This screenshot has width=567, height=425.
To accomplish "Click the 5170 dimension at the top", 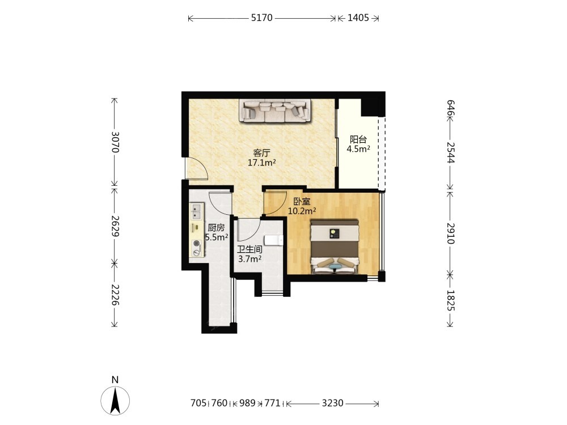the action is tap(262, 18).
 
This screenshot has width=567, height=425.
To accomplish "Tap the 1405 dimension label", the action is tap(358, 18).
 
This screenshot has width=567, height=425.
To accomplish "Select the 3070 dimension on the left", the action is tap(115, 142).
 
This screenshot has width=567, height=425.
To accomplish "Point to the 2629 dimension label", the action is tap(115, 226).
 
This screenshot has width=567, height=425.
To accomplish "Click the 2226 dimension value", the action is tap(115, 295).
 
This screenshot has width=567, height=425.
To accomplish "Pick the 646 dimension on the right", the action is tap(451, 108).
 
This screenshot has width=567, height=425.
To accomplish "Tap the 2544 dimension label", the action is tap(451, 152).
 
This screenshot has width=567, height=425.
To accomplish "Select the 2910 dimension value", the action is tap(451, 233).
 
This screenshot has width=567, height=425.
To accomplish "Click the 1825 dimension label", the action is tap(451, 300).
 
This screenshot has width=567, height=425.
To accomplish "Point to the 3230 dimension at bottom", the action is tap(332, 403).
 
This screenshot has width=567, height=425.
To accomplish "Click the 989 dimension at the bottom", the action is tap(247, 403).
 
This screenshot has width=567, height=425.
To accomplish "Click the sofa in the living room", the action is tap(275, 110).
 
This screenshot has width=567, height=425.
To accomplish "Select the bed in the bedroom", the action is tap(335, 247).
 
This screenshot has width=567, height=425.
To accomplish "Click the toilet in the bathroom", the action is tap(274, 240).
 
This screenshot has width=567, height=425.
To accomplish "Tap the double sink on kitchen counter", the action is tap(196, 211).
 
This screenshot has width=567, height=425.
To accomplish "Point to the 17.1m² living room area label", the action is tap(261, 163).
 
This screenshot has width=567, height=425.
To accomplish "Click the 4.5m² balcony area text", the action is tap(358, 149).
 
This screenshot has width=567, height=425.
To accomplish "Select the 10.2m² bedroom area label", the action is tap(302, 211).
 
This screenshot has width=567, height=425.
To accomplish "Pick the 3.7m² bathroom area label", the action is tap(250, 259).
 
